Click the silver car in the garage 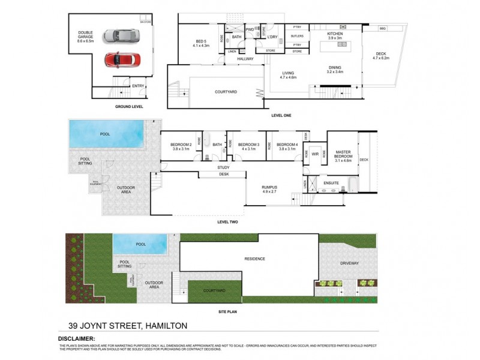pyautogui.click(x=119, y=36)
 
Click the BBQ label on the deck pyautogui.click(x=383, y=28)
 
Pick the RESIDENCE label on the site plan pyautogui.click(x=254, y=259)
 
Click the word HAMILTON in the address pyautogui.click(x=165, y=325)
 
